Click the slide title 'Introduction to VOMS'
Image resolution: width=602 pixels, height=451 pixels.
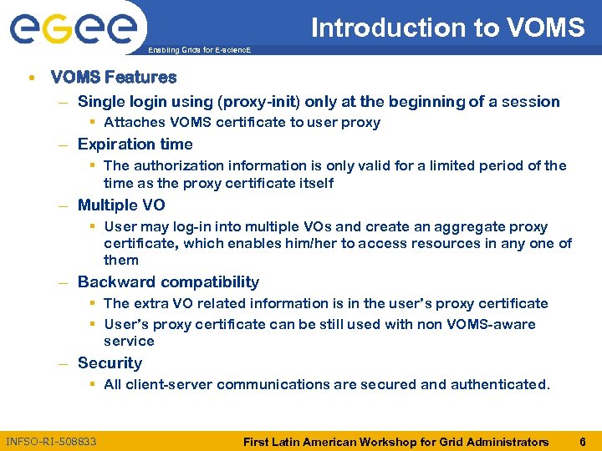point(447,28)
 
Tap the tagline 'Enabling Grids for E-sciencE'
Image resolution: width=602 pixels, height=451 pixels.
point(198,51)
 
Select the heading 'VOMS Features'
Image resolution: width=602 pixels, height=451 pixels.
point(114,78)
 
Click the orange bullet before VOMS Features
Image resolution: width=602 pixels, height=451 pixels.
point(31,78)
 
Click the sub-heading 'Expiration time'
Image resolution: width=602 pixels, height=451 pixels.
point(135,144)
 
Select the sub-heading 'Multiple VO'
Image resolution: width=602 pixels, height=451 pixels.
point(121,205)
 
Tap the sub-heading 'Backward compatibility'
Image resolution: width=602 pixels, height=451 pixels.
point(168,282)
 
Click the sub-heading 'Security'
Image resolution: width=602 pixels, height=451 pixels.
point(110,362)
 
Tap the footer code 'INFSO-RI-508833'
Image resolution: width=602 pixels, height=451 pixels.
point(51,441)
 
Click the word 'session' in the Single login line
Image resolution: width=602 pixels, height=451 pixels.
point(532,102)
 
